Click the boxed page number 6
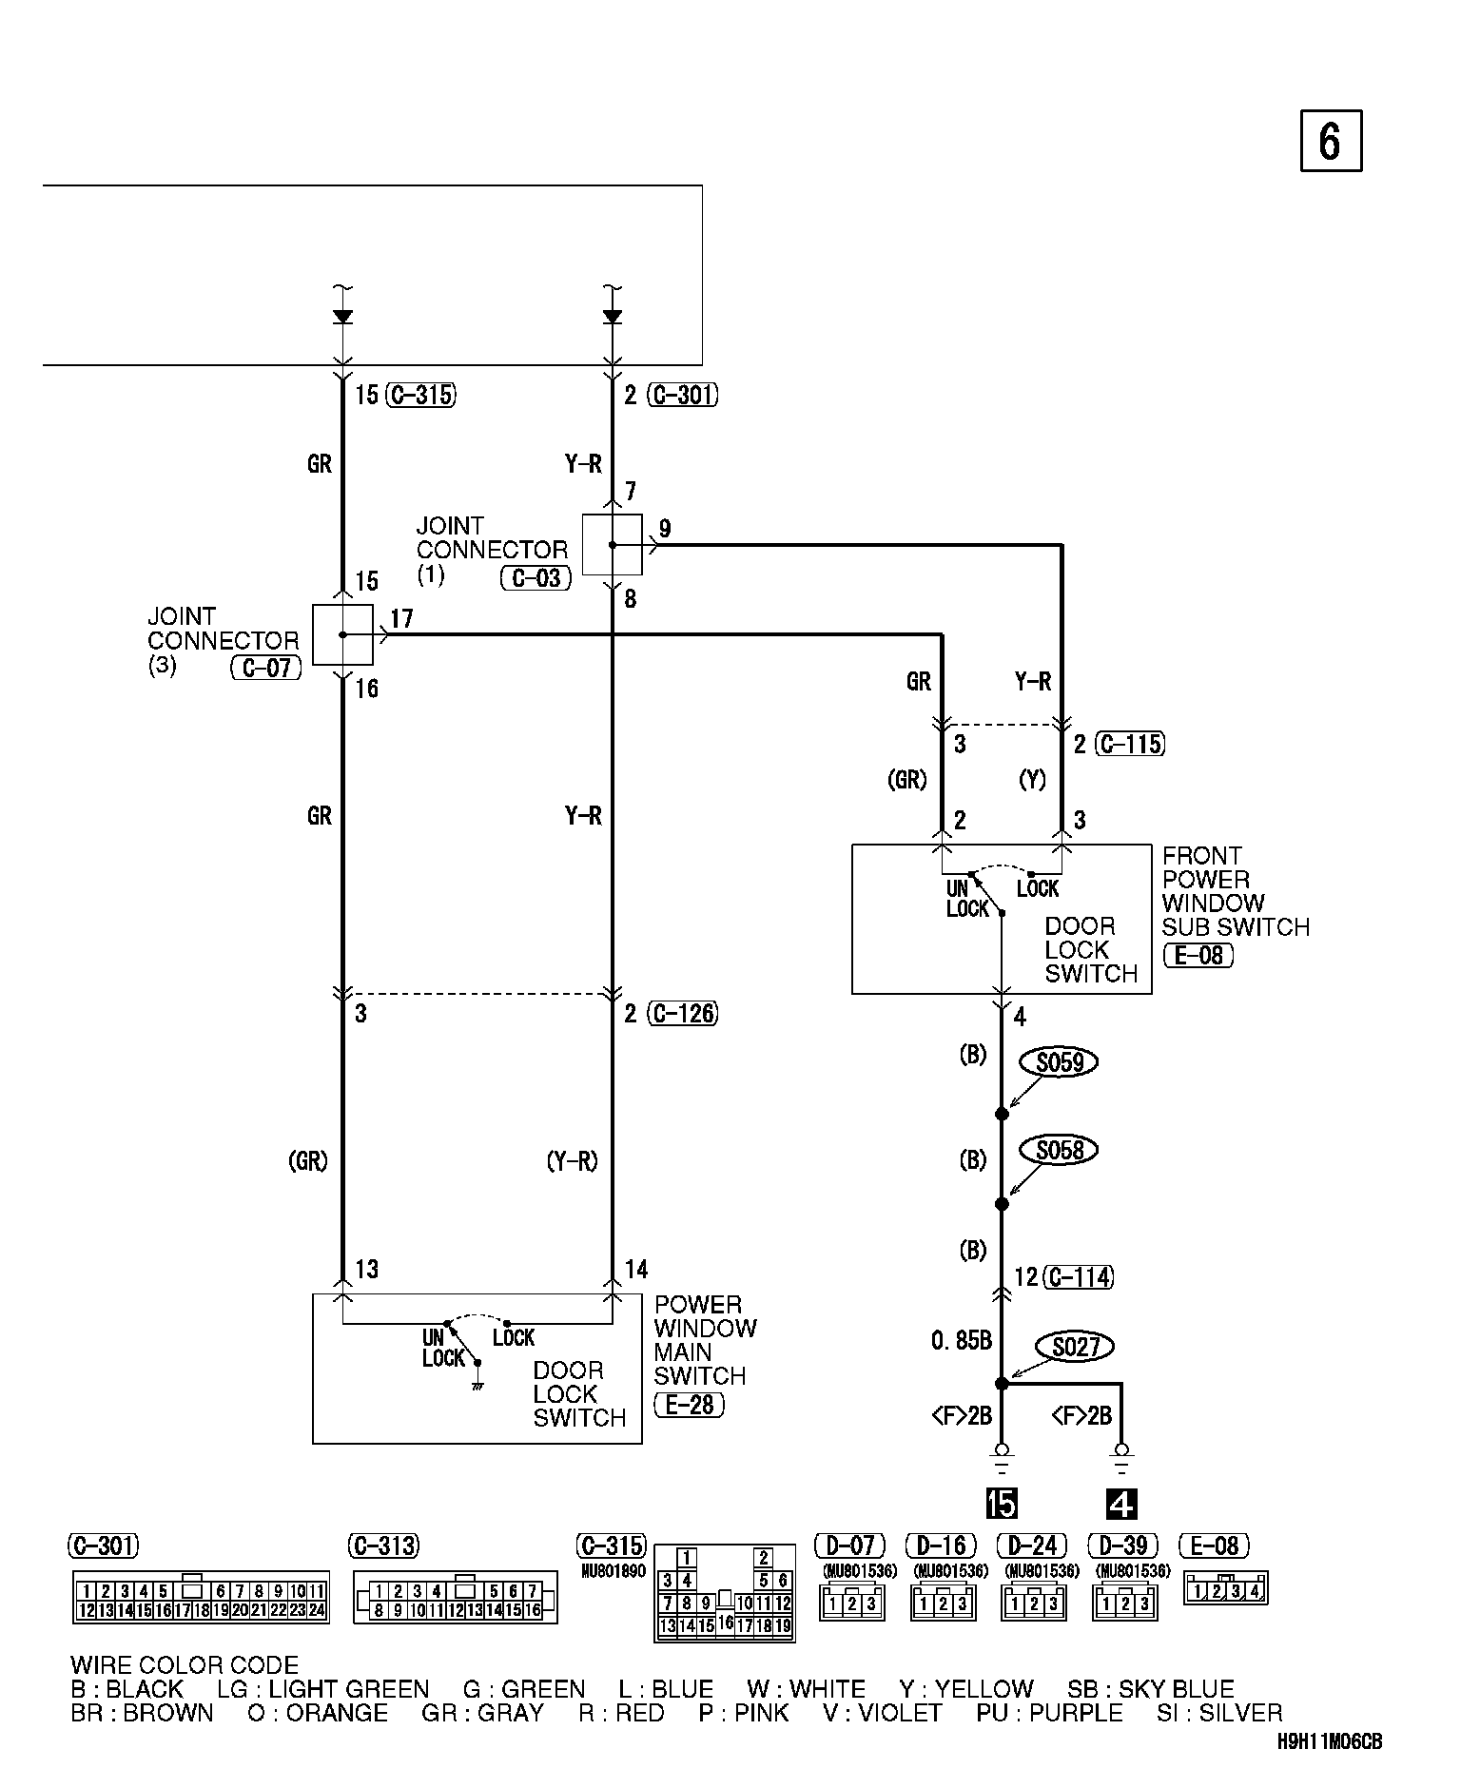(1331, 141)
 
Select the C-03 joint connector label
(536, 577)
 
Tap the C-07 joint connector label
(266, 668)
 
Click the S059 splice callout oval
(1060, 1061)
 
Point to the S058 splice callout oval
(1059, 1150)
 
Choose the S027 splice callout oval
(1075, 1347)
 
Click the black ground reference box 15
(1002, 1504)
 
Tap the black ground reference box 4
(1121, 1504)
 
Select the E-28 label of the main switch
(689, 1404)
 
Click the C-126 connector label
(683, 1014)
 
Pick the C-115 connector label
(1131, 744)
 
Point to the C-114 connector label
(1079, 1276)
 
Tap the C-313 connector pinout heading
(384, 1545)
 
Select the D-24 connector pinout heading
(1032, 1545)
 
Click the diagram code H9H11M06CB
(1330, 1741)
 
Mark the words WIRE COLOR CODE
(185, 1664)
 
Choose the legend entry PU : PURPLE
(1049, 1712)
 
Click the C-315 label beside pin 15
(421, 395)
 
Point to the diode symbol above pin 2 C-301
(613, 316)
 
